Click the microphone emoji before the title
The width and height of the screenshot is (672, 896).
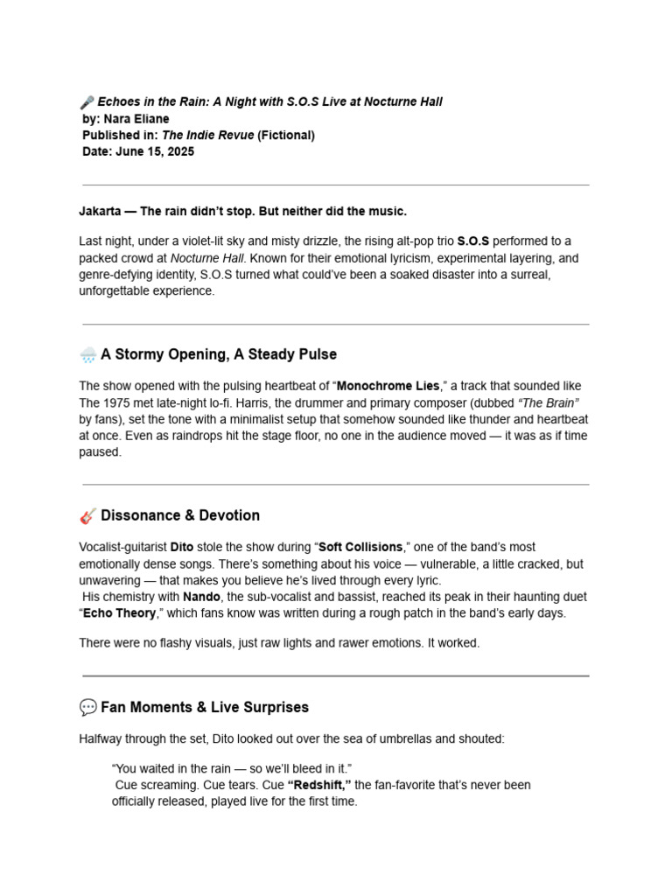tap(87, 102)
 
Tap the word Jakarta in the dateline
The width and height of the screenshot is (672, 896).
tap(100, 212)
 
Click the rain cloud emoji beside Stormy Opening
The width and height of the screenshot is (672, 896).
tap(87, 355)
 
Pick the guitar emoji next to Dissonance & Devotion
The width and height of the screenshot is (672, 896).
tap(87, 516)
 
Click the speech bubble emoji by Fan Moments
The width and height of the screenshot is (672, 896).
tap(87, 708)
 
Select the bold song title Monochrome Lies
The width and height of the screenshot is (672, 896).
tap(388, 387)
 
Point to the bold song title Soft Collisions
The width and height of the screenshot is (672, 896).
tap(360, 548)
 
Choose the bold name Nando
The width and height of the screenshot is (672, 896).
tap(201, 597)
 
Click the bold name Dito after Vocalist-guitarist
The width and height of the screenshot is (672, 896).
tap(182, 548)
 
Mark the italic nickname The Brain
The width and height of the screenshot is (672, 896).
tap(549, 403)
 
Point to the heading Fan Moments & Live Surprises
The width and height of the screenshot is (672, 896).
tap(205, 708)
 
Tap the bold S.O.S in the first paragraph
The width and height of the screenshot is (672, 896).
tap(473, 241)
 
